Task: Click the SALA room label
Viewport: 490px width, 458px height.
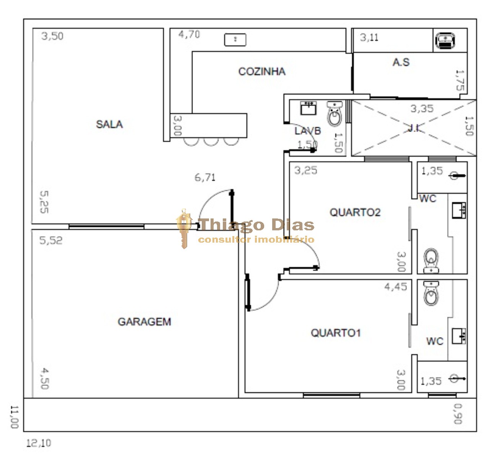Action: pyautogui.click(x=109, y=124)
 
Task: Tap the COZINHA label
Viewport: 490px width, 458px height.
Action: pyautogui.click(x=262, y=71)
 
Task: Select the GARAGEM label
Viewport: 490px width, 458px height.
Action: pyautogui.click(x=144, y=322)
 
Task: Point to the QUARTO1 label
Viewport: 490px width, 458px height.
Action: pyautogui.click(x=336, y=333)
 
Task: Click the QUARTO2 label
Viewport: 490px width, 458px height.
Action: pyautogui.click(x=355, y=212)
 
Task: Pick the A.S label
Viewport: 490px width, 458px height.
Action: pyautogui.click(x=401, y=62)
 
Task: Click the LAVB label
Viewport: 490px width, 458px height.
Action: pyautogui.click(x=307, y=131)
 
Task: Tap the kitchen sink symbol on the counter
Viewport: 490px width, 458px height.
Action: pyautogui.click(x=235, y=39)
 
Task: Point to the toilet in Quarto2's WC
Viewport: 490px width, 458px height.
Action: pyautogui.click(x=431, y=260)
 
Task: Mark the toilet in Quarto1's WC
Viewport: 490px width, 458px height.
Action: pyautogui.click(x=431, y=293)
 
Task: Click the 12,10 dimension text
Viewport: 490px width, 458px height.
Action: pyautogui.click(x=38, y=443)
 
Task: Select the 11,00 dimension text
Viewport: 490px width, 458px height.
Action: pyautogui.click(x=14, y=417)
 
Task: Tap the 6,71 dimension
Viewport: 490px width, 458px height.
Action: pyautogui.click(x=205, y=177)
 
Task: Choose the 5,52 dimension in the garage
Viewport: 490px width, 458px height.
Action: pyautogui.click(x=51, y=241)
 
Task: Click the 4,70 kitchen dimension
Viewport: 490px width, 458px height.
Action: pyautogui.click(x=189, y=34)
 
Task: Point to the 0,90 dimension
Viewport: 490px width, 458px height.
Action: pyautogui.click(x=457, y=414)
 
